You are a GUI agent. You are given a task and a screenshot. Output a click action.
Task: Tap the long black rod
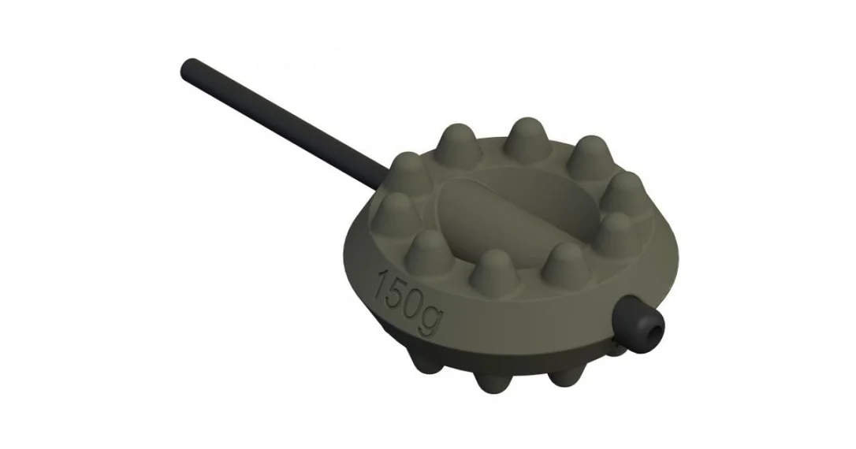coord(284,124)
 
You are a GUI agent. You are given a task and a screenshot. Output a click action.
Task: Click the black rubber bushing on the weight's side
coord(638,324)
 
